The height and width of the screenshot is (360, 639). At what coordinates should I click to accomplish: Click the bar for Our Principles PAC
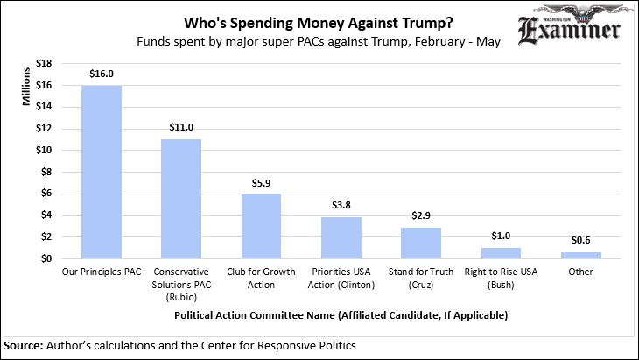[x=102, y=172]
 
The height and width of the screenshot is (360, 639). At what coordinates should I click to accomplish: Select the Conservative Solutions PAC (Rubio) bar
[x=181, y=199]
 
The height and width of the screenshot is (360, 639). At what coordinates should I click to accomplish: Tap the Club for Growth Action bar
[x=261, y=226]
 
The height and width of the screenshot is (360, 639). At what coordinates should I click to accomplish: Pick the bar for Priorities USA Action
[x=341, y=237]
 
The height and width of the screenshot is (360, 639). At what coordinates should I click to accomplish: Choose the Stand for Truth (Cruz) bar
[x=421, y=243]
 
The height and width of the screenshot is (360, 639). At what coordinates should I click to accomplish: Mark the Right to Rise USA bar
[x=501, y=253]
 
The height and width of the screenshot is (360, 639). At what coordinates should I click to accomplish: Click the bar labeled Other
[x=581, y=255]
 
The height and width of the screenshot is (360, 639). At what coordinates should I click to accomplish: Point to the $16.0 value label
[x=102, y=74]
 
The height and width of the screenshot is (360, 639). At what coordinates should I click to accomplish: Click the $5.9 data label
[x=261, y=183]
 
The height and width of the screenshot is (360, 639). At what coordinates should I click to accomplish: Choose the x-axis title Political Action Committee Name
[x=341, y=313]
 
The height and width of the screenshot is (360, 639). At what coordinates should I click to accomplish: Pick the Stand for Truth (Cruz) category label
[x=421, y=278]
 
